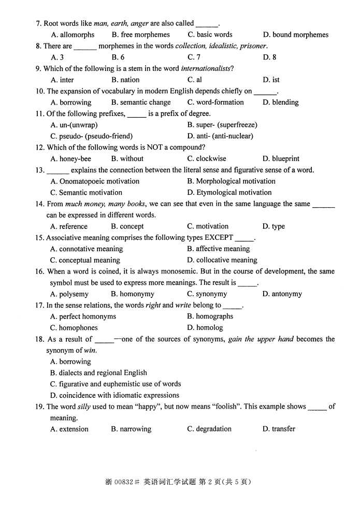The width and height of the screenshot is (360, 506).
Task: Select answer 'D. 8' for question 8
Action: point(269,57)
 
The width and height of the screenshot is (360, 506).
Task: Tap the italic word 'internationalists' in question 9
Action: point(206,69)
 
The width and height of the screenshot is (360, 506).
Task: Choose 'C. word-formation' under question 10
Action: point(215,103)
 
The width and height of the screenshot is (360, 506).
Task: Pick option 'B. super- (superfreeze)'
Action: point(222,125)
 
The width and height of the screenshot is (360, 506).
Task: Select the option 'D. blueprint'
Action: point(281,159)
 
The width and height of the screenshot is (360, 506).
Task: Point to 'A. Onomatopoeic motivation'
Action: point(95,181)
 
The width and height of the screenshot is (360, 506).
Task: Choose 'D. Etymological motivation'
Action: point(229,193)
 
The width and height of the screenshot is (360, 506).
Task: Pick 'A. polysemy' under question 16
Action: point(69,294)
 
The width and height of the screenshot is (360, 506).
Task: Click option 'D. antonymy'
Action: point(282,294)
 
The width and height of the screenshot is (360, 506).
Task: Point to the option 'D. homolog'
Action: point(205,328)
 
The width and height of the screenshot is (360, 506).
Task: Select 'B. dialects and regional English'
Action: point(98,373)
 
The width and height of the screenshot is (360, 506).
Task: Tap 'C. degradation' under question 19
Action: point(209,429)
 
